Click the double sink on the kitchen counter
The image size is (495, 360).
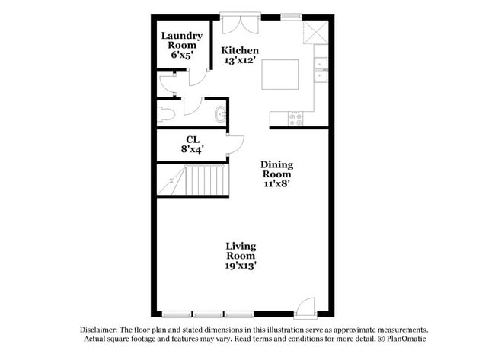321,70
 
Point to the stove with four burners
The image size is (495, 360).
294,119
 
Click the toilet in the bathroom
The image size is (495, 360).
165,115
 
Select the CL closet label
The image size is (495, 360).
193,139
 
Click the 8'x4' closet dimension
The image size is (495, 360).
193,149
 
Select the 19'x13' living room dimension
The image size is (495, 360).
240,266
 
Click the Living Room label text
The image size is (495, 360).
240,251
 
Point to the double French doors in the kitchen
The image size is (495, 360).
240,22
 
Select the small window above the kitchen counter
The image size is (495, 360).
291,16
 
